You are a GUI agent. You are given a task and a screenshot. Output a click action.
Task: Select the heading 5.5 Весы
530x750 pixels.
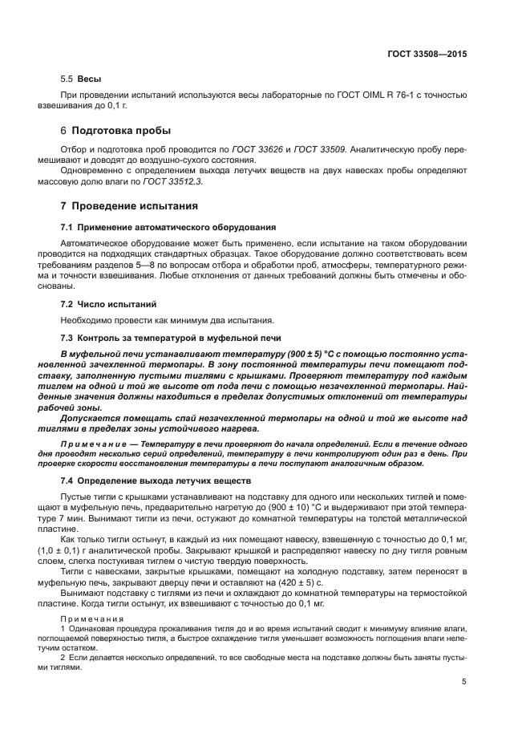71,81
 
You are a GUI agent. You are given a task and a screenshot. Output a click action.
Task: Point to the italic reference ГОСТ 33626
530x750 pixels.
254,149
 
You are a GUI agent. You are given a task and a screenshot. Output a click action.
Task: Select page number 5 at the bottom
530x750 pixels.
463,682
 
